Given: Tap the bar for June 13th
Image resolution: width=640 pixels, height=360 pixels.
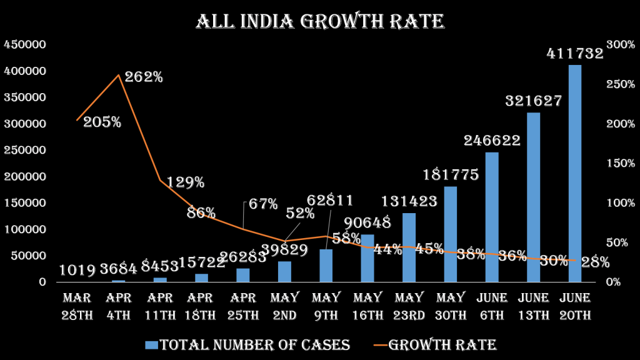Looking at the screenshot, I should click(x=533, y=197).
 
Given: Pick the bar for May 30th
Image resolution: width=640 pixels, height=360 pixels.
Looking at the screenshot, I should click(x=450, y=234).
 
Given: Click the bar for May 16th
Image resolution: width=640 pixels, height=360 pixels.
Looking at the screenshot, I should click(x=367, y=257).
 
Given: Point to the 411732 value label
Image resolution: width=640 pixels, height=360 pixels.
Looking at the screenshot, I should click(x=575, y=54).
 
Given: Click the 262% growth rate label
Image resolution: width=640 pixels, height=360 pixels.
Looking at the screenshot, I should click(x=143, y=77).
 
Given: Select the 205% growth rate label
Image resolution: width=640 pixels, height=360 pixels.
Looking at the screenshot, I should click(x=102, y=122).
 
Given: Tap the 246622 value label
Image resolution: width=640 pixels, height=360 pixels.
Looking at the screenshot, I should click(x=492, y=141).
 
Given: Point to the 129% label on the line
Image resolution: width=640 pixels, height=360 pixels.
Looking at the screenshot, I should click(x=184, y=182).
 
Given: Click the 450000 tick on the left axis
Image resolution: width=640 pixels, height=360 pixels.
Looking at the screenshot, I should click(x=24, y=44).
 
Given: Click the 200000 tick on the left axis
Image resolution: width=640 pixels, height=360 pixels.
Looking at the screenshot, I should click(x=24, y=176).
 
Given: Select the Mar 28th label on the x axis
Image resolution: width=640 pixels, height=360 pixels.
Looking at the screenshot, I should click(x=77, y=306).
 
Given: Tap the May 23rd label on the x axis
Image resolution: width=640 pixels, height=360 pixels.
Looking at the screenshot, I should click(x=409, y=306).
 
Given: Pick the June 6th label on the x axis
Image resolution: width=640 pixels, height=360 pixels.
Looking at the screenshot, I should click(x=492, y=306).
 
